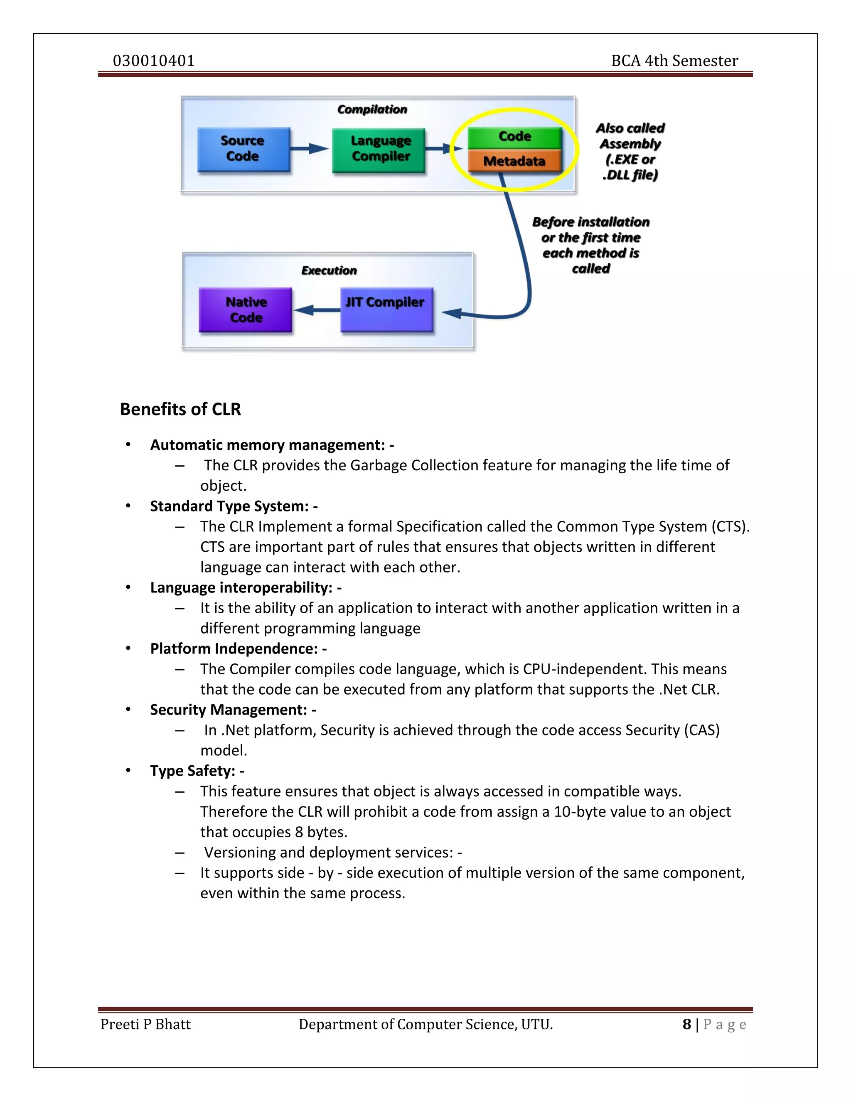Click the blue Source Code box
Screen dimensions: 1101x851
tap(243, 149)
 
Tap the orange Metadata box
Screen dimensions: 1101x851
tap(514, 161)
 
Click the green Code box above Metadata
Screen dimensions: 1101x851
tap(514, 137)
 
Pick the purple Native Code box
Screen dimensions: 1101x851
tap(246, 310)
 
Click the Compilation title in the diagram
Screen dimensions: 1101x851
tap(372, 109)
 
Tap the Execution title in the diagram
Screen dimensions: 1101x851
tap(329, 271)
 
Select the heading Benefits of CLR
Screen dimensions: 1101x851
tap(180, 409)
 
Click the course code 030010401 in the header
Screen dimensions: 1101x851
tap(154, 61)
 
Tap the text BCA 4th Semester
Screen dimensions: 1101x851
tap(674, 61)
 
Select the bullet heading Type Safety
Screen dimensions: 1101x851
tap(192, 771)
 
